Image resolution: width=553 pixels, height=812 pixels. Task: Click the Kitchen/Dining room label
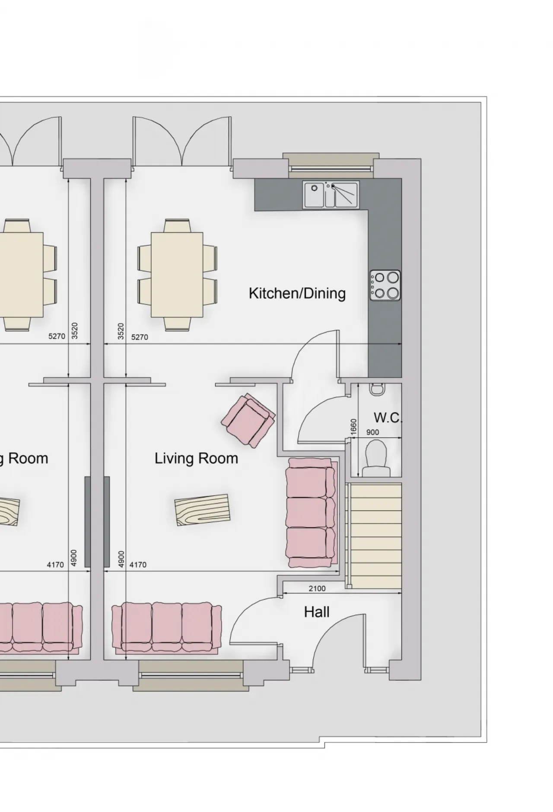click(297, 293)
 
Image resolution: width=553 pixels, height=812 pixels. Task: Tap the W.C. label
click(388, 418)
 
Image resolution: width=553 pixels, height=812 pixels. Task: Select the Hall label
click(317, 612)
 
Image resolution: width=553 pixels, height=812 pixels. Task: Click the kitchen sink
click(331, 195)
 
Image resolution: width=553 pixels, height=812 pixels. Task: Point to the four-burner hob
click(385, 285)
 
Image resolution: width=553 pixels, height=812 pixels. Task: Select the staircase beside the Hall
click(374, 536)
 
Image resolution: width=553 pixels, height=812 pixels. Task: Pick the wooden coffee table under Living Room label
click(202, 510)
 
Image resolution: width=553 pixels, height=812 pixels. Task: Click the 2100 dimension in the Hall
click(317, 588)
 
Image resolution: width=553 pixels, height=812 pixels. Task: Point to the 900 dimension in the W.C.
click(372, 432)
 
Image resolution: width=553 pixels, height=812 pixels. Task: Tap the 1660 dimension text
click(354, 427)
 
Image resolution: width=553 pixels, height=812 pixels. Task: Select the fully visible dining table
click(178, 275)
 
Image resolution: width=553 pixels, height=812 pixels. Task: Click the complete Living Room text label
click(196, 458)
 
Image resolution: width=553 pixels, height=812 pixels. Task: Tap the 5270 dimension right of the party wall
click(140, 337)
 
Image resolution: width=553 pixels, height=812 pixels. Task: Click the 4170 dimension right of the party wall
click(138, 565)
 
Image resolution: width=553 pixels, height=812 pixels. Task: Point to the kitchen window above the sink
click(331, 166)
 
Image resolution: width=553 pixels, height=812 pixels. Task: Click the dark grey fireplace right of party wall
click(107, 521)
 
